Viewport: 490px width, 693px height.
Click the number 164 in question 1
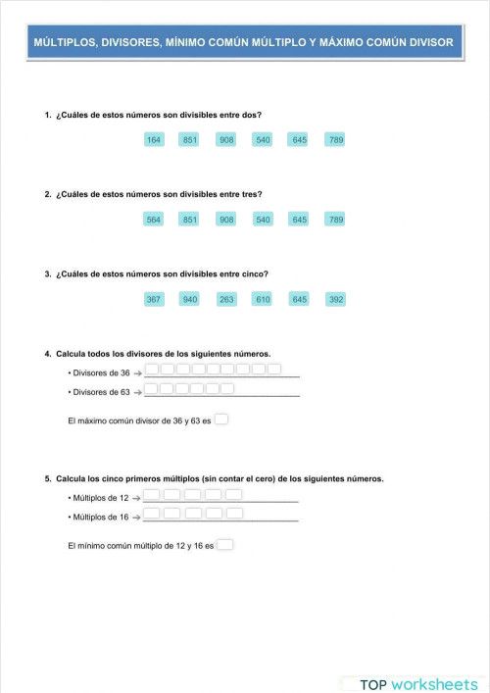(x=154, y=140)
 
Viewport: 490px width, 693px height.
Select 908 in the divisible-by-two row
(x=226, y=140)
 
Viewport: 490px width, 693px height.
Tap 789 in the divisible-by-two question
(x=336, y=140)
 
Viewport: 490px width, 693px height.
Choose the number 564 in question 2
(x=154, y=220)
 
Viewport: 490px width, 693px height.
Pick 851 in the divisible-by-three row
(x=190, y=220)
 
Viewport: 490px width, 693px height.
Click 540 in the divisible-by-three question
(x=263, y=220)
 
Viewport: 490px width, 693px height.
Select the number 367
(x=154, y=299)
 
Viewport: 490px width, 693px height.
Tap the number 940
(x=190, y=299)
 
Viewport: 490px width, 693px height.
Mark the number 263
(x=226, y=299)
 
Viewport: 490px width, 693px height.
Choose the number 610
(x=263, y=299)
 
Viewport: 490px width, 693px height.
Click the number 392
(x=336, y=299)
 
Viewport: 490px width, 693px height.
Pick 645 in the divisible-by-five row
(x=299, y=299)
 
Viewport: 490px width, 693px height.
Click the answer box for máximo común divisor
(x=221, y=421)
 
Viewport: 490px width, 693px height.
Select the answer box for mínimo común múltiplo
(x=225, y=545)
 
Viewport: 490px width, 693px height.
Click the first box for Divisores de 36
(x=152, y=370)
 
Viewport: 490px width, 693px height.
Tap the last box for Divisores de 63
(x=228, y=388)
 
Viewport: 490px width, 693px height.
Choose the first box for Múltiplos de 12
(x=152, y=495)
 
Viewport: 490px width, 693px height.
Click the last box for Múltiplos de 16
(x=234, y=514)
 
